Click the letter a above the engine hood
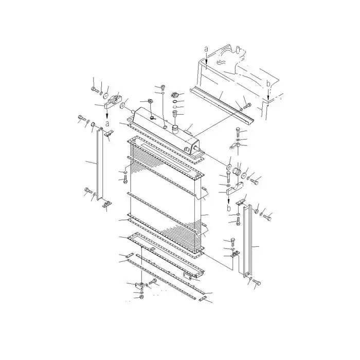[206, 48]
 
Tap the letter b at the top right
[268, 83]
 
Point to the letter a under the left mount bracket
[106, 123]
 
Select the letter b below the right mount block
[229, 209]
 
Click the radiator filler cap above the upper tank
[175, 95]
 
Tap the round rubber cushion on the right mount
[237, 171]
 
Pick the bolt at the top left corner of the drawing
[95, 89]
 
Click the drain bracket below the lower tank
[139, 284]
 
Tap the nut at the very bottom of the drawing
[141, 297]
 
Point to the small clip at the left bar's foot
[106, 207]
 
